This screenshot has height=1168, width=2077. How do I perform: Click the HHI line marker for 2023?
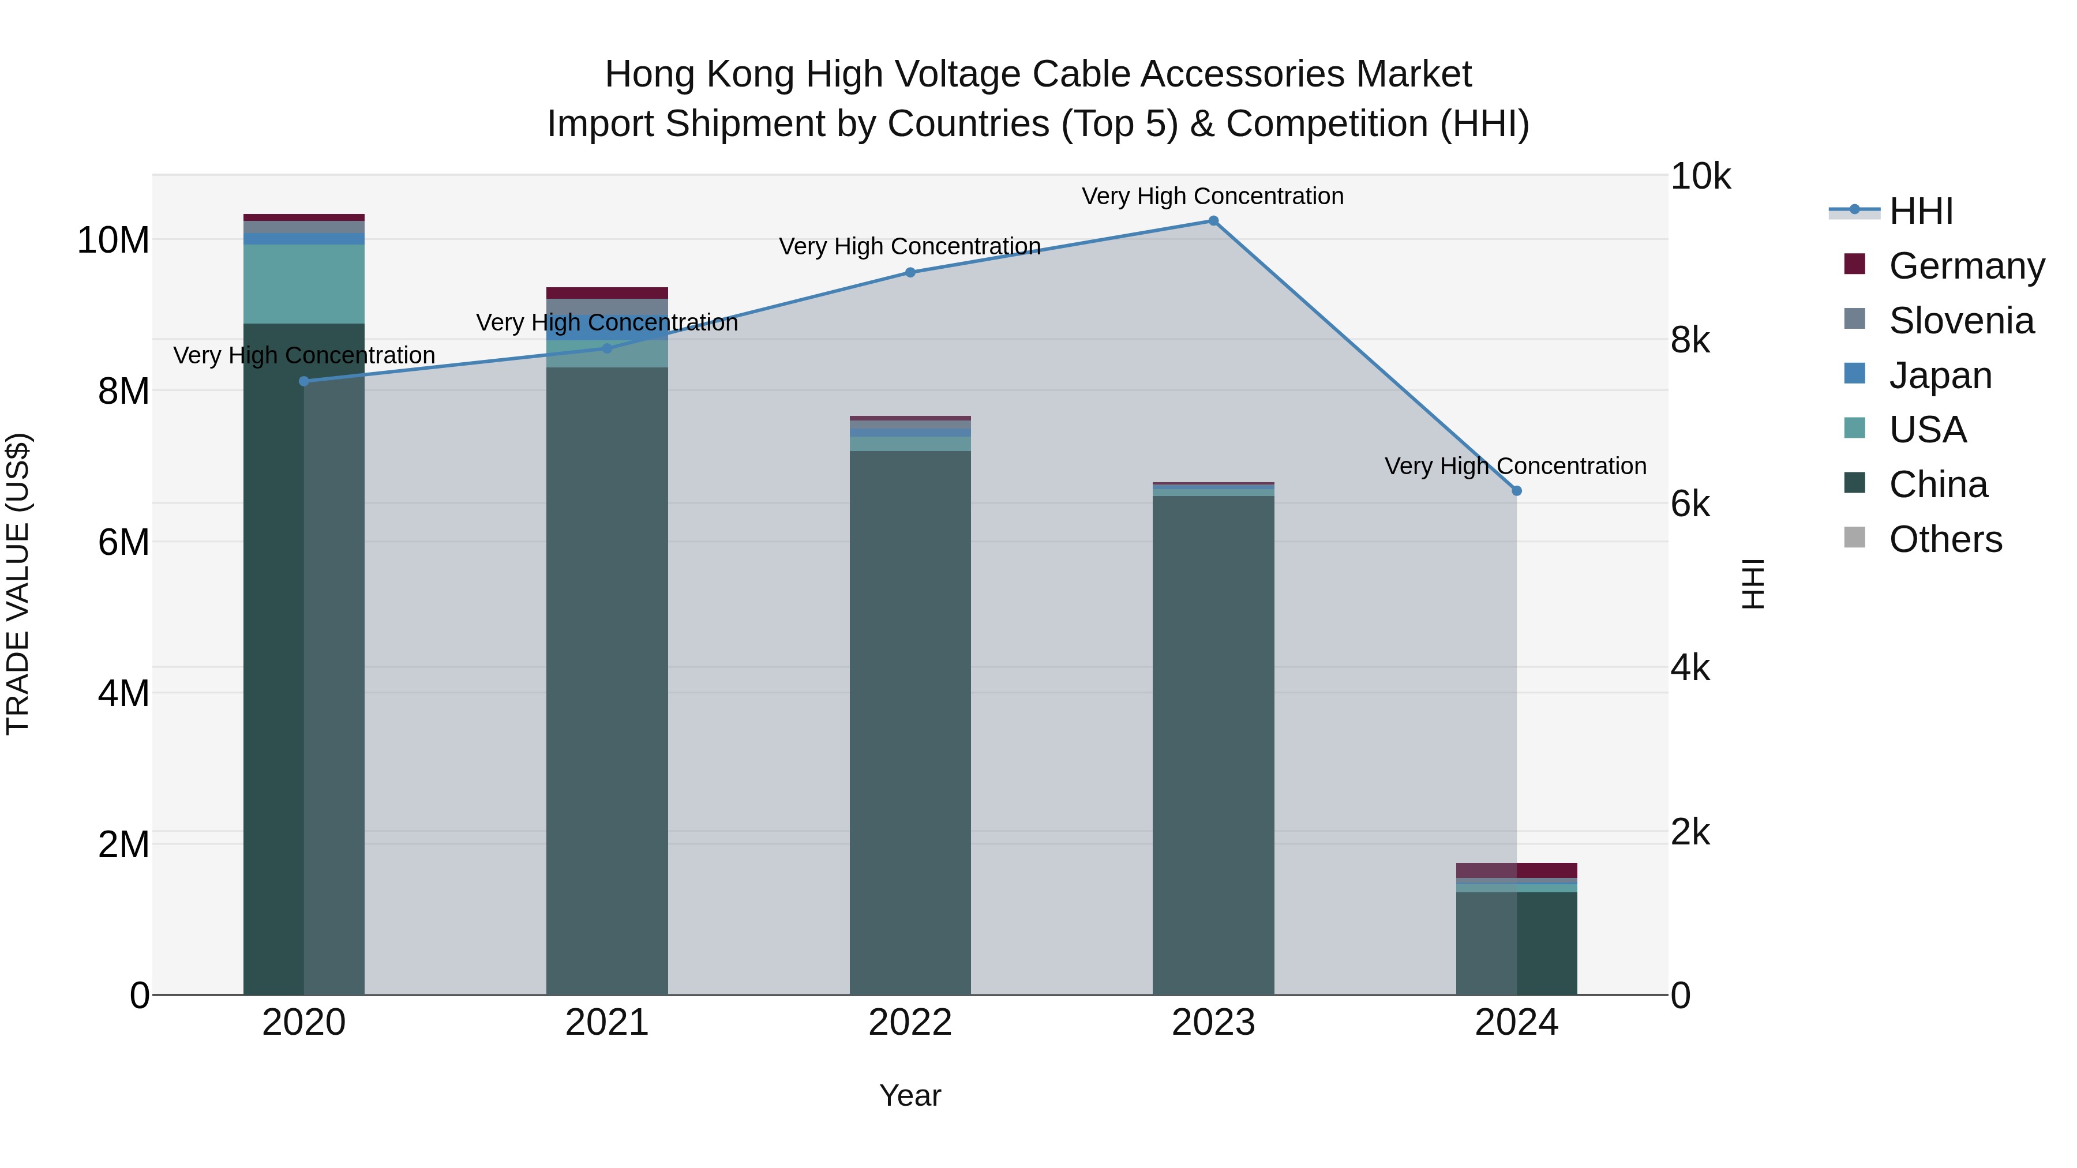click(x=1213, y=221)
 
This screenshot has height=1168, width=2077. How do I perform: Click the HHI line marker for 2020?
click(x=304, y=381)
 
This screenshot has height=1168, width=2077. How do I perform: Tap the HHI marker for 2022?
click(x=910, y=272)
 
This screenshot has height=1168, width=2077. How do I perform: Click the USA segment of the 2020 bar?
click(x=304, y=284)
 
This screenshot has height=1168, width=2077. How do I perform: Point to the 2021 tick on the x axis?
click(x=606, y=1023)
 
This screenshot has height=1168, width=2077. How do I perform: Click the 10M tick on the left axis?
click(x=113, y=240)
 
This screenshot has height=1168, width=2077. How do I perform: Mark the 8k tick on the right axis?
click(x=1690, y=340)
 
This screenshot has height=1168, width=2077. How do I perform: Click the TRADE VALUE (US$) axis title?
click(x=18, y=584)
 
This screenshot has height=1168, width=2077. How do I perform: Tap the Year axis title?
click(x=910, y=1095)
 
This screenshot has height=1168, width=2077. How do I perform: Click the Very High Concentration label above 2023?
click(x=1213, y=196)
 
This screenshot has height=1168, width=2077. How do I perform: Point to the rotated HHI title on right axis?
click(x=1753, y=584)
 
